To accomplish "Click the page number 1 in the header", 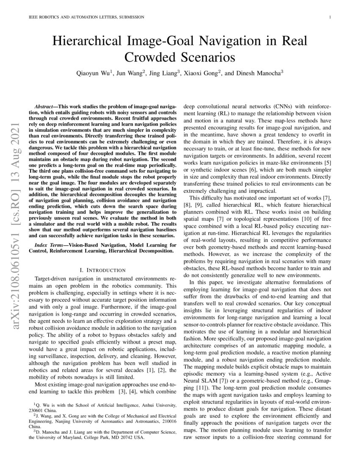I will tap(329, 17).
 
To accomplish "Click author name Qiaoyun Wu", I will tap(92, 73).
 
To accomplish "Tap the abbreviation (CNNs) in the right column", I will tap(278, 108).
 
